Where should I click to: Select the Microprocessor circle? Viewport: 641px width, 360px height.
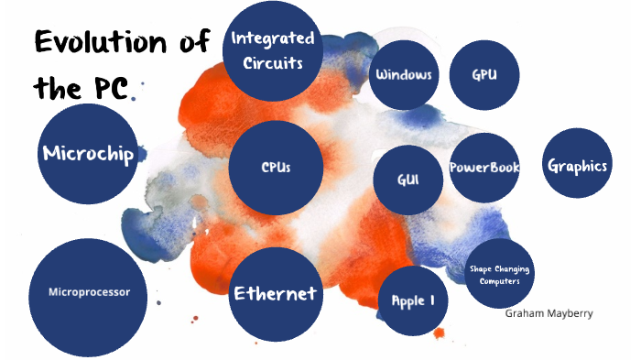(89, 292)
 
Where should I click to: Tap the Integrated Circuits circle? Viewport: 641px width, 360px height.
(273, 50)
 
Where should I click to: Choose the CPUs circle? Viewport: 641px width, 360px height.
(276, 168)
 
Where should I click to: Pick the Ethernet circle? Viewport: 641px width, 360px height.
(275, 294)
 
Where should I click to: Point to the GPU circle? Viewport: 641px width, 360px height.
(484, 74)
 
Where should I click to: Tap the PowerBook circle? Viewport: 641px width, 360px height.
(484, 168)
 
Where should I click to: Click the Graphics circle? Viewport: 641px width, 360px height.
(577, 166)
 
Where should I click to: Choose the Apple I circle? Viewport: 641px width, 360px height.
(413, 300)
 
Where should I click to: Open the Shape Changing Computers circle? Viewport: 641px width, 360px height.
(499, 275)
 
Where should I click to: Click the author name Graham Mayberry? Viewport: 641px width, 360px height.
(549, 313)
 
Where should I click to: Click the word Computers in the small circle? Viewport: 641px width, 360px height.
(499, 281)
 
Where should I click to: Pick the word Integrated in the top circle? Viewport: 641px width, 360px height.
(273, 38)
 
